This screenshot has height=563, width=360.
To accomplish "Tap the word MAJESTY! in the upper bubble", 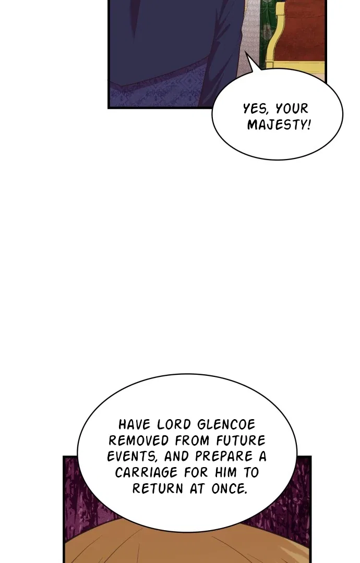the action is [x=279, y=125].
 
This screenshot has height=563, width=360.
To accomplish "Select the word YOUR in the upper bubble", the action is [x=292, y=108].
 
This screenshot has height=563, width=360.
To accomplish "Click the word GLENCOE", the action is [x=226, y=424].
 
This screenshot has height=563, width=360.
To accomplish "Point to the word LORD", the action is [x=174, y=424].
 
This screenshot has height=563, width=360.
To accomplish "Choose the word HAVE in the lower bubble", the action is [x=135, y=424].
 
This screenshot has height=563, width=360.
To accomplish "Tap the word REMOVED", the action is [x=139, y=440].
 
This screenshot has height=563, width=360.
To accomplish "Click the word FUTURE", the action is [x=241, y=440].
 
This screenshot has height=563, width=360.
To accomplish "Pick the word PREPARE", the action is [x=224, y=457].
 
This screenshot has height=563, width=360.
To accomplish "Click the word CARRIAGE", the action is [x=147, y=472].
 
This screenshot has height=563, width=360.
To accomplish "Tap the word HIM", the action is [x=226, y=472].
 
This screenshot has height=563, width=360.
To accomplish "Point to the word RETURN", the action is [x=158, y=488].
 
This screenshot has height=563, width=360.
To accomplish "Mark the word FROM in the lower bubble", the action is [x=193, y=440].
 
